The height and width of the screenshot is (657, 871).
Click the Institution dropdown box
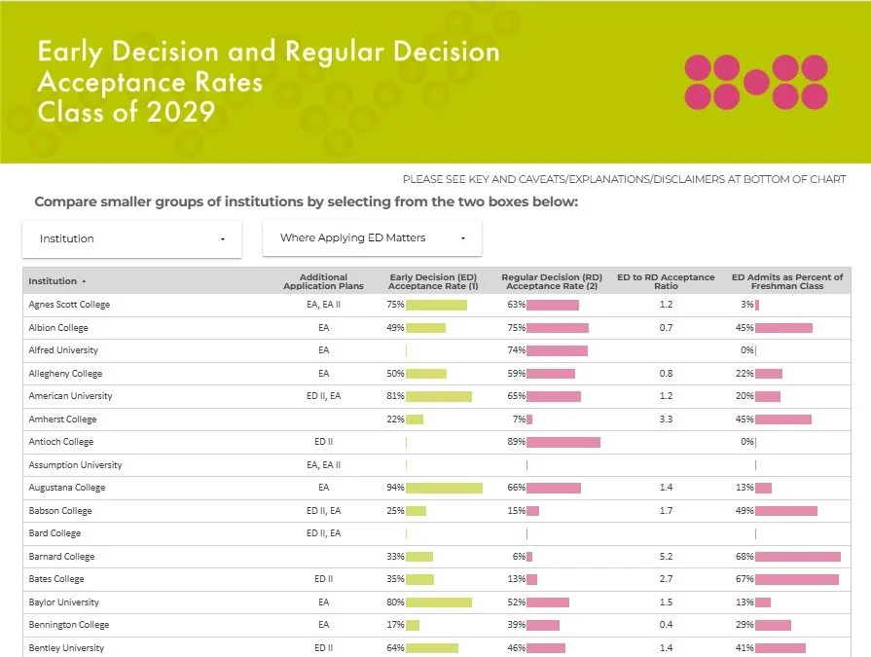point(131,238)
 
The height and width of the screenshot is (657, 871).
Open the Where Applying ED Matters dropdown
point(372,237)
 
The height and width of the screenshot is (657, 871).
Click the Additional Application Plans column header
point(323,281)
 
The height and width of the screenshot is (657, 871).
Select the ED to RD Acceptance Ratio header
point(666,281)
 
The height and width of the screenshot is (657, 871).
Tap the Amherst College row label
point(62,420)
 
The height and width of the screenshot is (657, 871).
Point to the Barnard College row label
point(61,557)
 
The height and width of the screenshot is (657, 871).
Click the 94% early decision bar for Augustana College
point(445,488)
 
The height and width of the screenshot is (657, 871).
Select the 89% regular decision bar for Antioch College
point(563,442)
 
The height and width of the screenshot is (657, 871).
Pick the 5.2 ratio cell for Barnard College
point(666,556)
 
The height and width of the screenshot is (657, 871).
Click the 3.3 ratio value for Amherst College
point(666,419)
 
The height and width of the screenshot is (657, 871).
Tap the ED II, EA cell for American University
point(324,396)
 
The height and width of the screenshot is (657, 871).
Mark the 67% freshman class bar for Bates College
point(797,579)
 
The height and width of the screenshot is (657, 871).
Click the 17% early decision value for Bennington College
point(395,625)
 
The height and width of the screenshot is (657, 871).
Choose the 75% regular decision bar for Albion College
point(558,328)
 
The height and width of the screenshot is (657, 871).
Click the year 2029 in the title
point(181,112)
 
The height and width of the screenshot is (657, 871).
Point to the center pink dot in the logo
point(756,82)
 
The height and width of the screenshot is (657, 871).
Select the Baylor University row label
point(64,602)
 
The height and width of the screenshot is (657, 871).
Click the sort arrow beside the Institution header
point(84,281)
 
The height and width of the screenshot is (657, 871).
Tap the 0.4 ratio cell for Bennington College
point(666,624)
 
